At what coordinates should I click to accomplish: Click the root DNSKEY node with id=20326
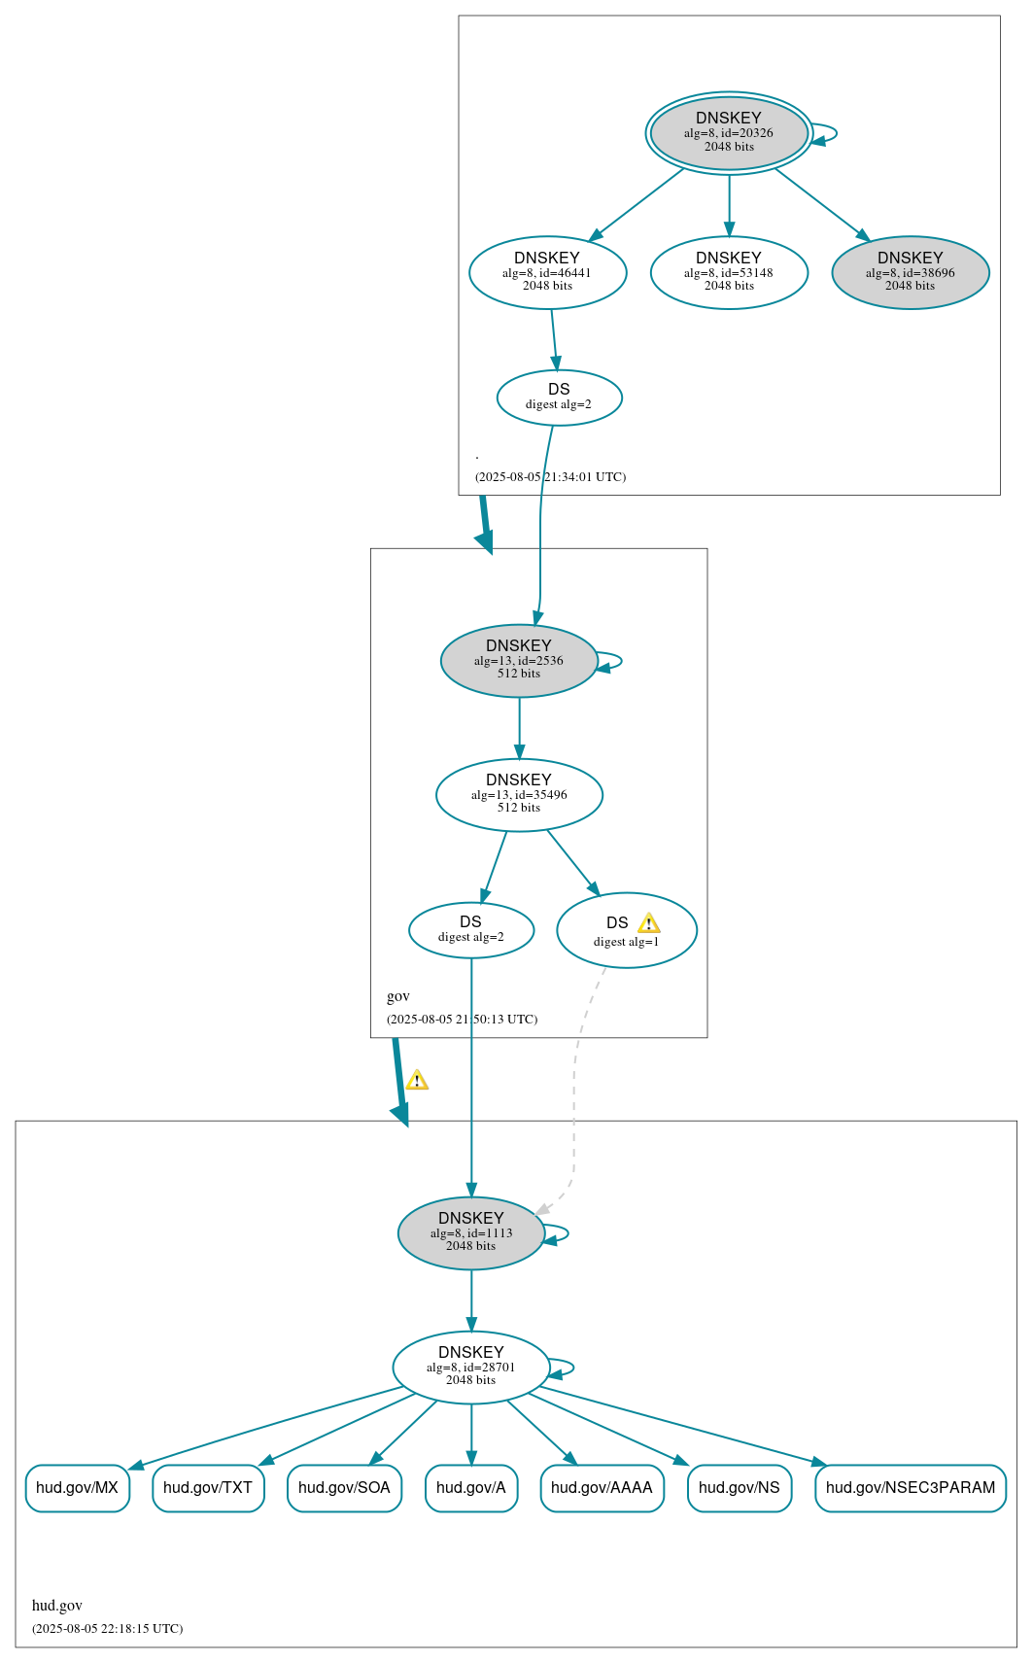(x=729, y=133)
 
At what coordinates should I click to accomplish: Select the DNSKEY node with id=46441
(x=547, y=272)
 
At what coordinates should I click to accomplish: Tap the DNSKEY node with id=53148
(x=729, y=272)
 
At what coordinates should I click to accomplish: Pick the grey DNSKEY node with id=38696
(x=910, y=272)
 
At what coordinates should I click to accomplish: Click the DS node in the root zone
(x=559, y=397)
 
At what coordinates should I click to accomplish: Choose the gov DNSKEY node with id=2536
(x=519, y=660)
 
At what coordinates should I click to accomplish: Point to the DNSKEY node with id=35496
(x=519, y=794)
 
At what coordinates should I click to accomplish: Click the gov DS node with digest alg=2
(x=471, y=930)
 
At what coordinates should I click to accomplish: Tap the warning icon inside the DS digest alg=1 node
(x=648, y=923)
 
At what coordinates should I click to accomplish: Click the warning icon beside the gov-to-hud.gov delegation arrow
(x=417, y=1080)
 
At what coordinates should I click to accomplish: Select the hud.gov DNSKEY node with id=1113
(x=471, y=1232)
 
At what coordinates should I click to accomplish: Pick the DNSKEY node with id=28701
(x=471, y=1367)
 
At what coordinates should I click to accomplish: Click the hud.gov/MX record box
(x=77, y=1488)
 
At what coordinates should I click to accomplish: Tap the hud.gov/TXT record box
(x=208, y=1488)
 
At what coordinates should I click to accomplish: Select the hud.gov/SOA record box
(x=344, y=1488)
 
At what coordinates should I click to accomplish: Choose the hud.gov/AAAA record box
(x=602, y=1488)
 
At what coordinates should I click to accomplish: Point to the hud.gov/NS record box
(x=740, y=1488)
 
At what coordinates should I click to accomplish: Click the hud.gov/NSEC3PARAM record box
(x=911, y=1488)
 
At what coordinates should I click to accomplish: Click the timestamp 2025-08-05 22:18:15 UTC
(x=108, y=1628)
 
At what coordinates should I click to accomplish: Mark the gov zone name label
(x=398, y=996)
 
